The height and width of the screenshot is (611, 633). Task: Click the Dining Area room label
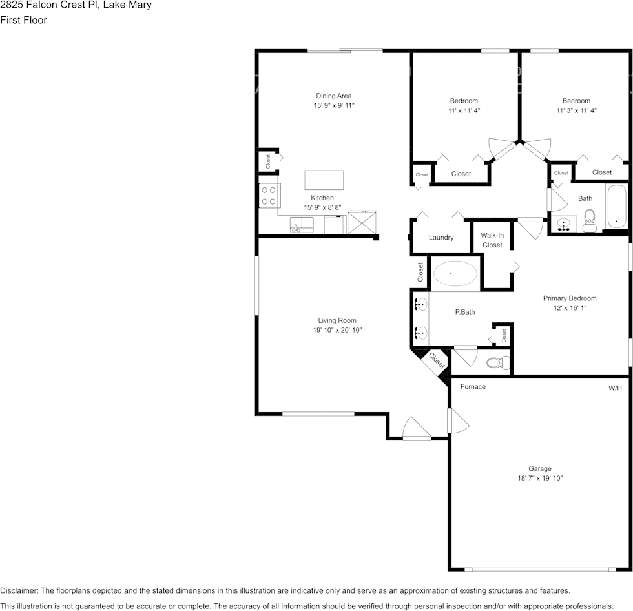333,96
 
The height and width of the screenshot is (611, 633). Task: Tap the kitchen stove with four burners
269,196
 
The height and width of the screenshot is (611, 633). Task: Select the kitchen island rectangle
324,180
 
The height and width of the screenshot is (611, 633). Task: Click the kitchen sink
302,225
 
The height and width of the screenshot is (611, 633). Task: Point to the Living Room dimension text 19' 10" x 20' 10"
337,329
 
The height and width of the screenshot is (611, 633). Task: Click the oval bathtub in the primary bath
455,274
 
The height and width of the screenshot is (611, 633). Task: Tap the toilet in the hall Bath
590,220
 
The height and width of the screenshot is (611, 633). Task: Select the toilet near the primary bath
498,362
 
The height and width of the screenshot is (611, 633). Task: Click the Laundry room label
441,237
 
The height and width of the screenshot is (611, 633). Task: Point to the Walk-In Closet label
492,240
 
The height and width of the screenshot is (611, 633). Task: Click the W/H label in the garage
615,388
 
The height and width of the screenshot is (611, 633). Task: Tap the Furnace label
473,386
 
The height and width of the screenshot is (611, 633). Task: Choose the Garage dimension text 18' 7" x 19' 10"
540,478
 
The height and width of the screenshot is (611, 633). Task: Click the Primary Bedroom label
570,298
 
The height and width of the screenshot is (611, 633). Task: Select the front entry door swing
417,428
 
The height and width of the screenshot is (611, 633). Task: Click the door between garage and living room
458,420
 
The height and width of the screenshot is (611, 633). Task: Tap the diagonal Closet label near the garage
437,360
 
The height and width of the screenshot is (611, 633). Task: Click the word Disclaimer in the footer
19,590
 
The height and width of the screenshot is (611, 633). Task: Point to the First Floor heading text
23,20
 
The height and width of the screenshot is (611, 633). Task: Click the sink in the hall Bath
563,224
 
